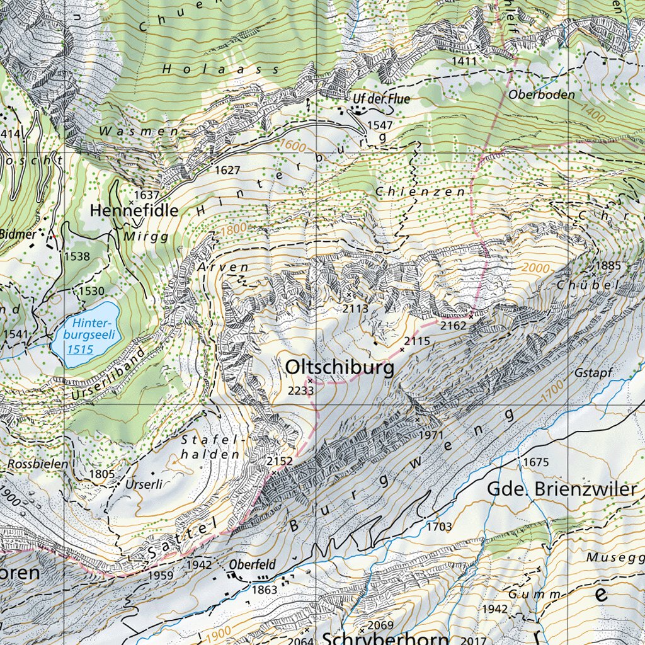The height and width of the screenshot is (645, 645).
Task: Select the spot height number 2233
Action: pos(300,391)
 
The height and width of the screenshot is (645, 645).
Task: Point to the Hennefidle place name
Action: pos(134,210)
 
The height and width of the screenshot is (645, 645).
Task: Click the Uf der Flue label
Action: pos(381,99)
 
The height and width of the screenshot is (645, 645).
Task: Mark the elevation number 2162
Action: pos(453,326)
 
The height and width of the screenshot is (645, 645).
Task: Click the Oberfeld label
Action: pos(252,565)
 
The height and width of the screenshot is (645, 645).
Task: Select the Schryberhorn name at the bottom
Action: pos(385,639)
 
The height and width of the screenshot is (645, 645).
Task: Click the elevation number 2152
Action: pos(279,461)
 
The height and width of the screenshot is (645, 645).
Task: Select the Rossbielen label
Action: pos(38,464)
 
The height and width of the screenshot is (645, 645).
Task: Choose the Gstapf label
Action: pos(593,373)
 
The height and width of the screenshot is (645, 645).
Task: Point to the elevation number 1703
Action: pos(439,525)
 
